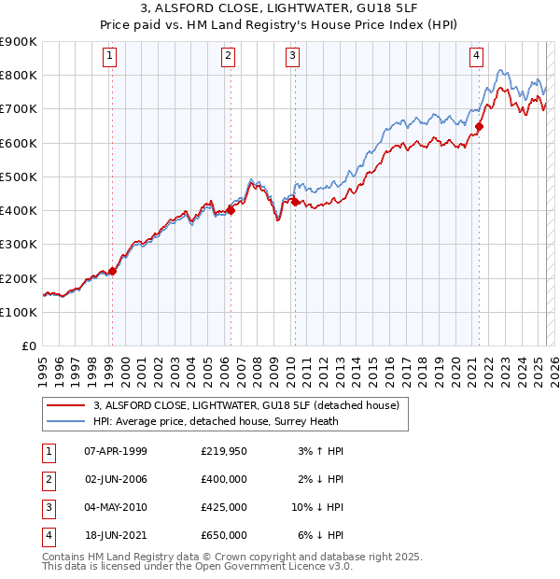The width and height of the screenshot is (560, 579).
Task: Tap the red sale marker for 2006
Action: (x=231, y=210)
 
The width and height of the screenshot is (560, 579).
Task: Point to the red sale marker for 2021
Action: (x=479, y=126)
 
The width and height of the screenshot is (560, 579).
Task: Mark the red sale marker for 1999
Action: (x=112, y=272)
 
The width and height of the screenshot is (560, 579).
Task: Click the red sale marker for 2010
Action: (x=295, y=202)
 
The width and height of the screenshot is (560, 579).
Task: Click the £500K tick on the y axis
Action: (x=20, y=177)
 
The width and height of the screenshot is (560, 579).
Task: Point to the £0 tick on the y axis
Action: (x=29, y=346)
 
